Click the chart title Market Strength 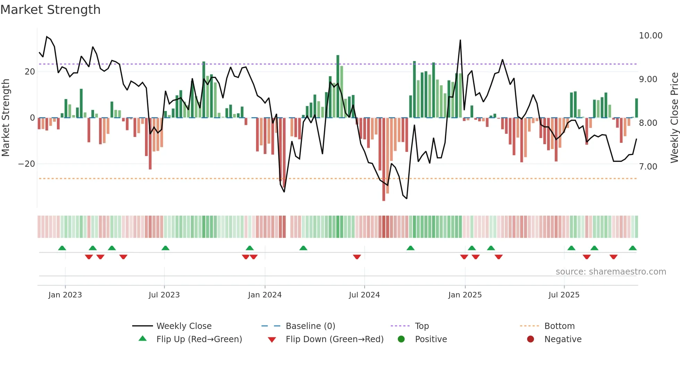[50, 10]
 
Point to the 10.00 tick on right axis [651, 36]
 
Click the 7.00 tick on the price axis [648, 167]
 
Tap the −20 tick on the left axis [27, 164]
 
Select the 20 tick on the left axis [30, 72]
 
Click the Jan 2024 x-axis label [265, 295]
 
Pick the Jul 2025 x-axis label [564, 295]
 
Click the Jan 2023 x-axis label [65, 295]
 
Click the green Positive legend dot [401, 339]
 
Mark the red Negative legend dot [530, 339]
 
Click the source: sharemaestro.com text [611, 272]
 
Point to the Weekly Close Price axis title [674, 118]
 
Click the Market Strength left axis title [6, 118]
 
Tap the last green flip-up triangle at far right [632, 248]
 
